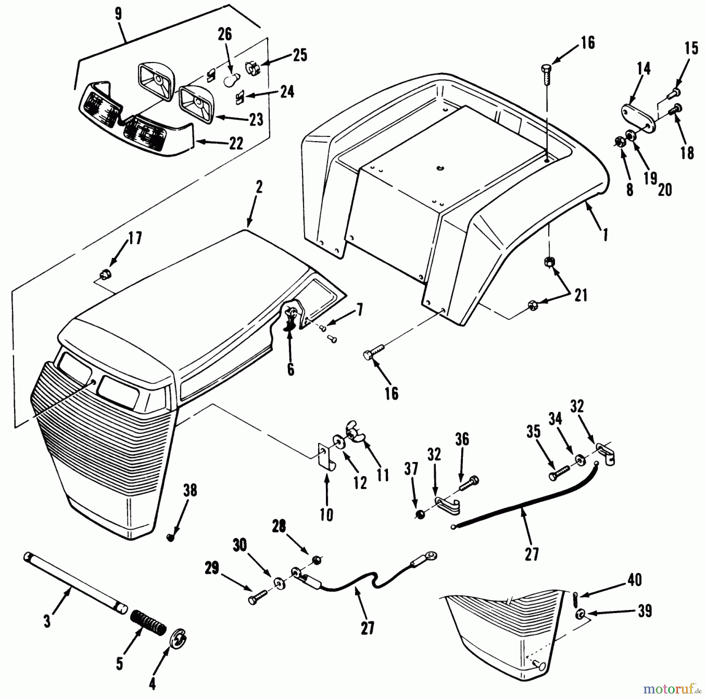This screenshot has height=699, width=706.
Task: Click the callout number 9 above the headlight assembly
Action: pyautogui.click(x=118, y=14)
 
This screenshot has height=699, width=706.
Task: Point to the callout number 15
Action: pyautogui.click(x=692, y=48)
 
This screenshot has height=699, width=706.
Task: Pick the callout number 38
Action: pyautogui.click(x=190, y=491)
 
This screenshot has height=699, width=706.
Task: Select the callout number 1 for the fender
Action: pyautogui.click(x=605, y=235)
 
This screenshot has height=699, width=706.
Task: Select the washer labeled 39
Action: pyautogui.click(x=580, y=613)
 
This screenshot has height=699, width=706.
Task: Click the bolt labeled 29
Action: pyautogui.click(x=257, y=599)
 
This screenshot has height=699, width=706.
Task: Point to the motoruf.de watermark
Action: pyautogui.click(x=674, y=687)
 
